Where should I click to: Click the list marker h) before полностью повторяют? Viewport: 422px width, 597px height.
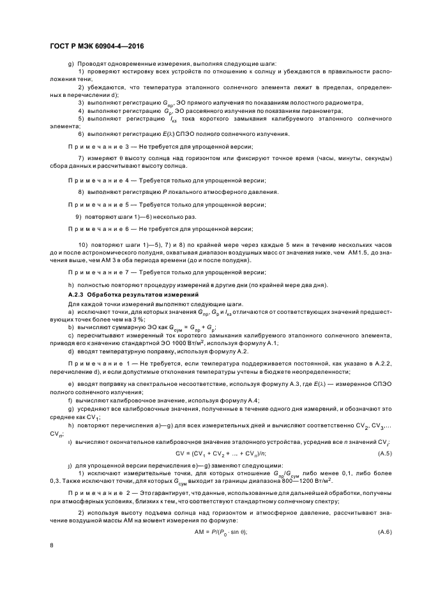pyautogui.click(x=70, y=284)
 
